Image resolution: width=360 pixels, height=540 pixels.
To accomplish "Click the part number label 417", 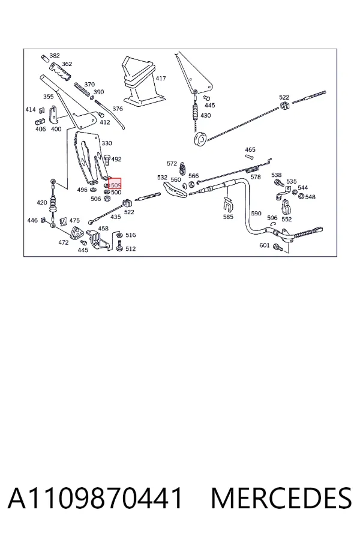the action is click(161, 78).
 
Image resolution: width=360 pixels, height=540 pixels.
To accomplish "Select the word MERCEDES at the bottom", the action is click(281, 499).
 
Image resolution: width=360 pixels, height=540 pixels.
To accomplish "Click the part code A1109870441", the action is click(95, 499).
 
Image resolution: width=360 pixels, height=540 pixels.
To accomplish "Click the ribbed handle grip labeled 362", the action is click(60, 71).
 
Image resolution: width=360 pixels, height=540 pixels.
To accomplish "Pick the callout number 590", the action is click(256, 213).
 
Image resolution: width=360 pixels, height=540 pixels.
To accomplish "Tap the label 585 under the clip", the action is click(228, 217).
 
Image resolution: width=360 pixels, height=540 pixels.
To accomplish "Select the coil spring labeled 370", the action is click(82, 89).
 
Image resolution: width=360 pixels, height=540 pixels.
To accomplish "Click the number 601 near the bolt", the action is click(265, 245).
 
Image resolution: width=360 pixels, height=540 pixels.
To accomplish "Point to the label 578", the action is click(255, 176).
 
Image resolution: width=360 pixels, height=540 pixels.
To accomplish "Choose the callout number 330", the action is click(106, 143).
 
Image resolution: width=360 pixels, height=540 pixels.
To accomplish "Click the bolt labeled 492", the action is click(106, 160).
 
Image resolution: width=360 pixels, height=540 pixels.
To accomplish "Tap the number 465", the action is click(250, 149).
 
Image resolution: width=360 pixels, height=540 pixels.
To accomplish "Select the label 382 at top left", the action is click(55, 55).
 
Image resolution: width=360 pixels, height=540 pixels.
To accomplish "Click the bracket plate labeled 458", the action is click(99, 239).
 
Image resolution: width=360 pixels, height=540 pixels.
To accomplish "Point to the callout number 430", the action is click(205, 115).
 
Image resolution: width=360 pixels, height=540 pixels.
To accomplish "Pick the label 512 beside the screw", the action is click(131, 248).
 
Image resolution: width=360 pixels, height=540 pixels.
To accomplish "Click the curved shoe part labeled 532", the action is click(175, 190).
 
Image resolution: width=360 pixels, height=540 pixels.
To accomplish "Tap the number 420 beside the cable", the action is click(42, 202).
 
